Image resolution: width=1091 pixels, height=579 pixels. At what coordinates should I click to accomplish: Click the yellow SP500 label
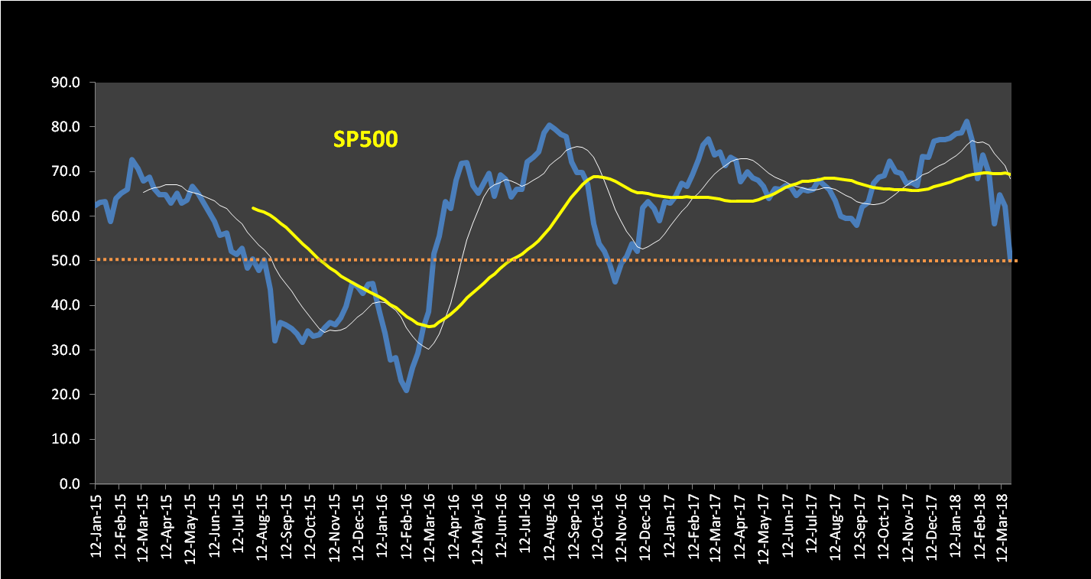click(365, 139)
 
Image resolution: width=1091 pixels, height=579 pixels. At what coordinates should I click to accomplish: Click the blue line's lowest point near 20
click(406, 391)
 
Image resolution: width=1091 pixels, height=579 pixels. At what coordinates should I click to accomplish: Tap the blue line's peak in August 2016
click(549, 125)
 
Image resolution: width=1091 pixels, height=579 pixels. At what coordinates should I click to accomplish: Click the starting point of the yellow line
click(253, 208)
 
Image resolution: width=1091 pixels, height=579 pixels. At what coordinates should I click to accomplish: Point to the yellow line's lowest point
click(430, 327)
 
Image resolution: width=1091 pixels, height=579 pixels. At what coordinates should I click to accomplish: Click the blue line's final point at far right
click(1011, 259)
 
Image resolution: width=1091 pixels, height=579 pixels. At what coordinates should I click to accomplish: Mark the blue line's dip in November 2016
click(615, 282)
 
